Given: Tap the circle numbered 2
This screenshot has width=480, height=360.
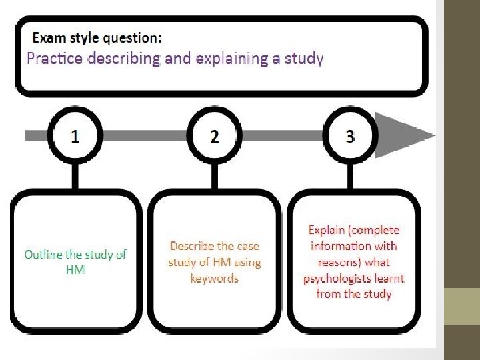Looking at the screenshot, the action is pos(214,137).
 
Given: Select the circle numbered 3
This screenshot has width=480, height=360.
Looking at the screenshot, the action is pos(351,137).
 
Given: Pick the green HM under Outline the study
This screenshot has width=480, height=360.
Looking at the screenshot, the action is pos(75,269).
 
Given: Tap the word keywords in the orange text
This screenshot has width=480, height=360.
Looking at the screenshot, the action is pos(214,279).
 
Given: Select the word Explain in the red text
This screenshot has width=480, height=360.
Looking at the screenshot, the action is pos(328,231).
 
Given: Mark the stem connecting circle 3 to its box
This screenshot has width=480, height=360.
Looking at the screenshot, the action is pos(351,175).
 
